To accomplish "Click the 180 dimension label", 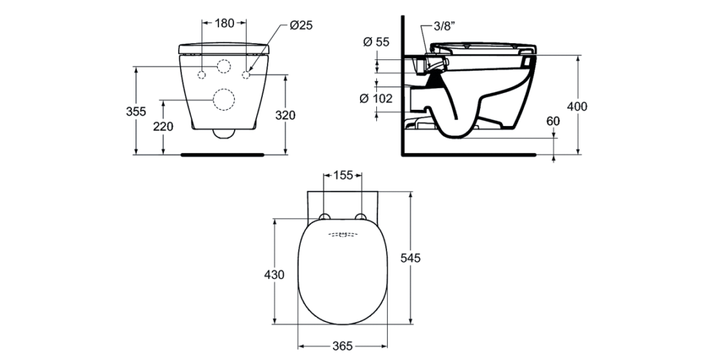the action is point(224,23).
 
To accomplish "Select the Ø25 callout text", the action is point(301,25).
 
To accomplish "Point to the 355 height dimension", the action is point(136,111).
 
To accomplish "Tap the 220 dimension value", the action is point(163,126).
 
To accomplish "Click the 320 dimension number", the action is point(285,115).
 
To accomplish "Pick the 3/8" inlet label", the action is point(444,26).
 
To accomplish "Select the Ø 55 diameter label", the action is point(376,42).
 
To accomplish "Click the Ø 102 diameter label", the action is point(376,98).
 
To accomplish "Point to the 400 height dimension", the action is point(577,107).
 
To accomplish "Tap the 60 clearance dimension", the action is point(553,121).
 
